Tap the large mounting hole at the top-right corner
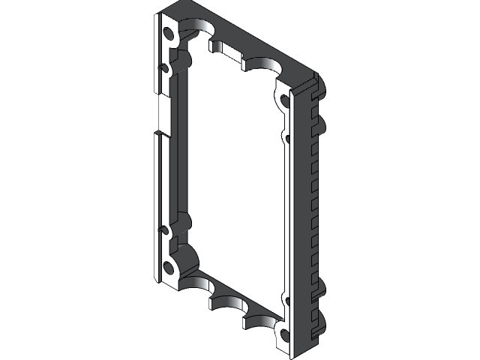click(x=285, y=100)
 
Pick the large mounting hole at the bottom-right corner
click(x=284, y=334)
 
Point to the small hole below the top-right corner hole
click(x=286, y=136)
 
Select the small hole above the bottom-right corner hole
click(x=285, y=299)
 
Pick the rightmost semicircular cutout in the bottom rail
click(x=259, y=321)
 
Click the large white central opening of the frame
click(x=232, y=180)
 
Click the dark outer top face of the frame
click(x=247, y=37)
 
